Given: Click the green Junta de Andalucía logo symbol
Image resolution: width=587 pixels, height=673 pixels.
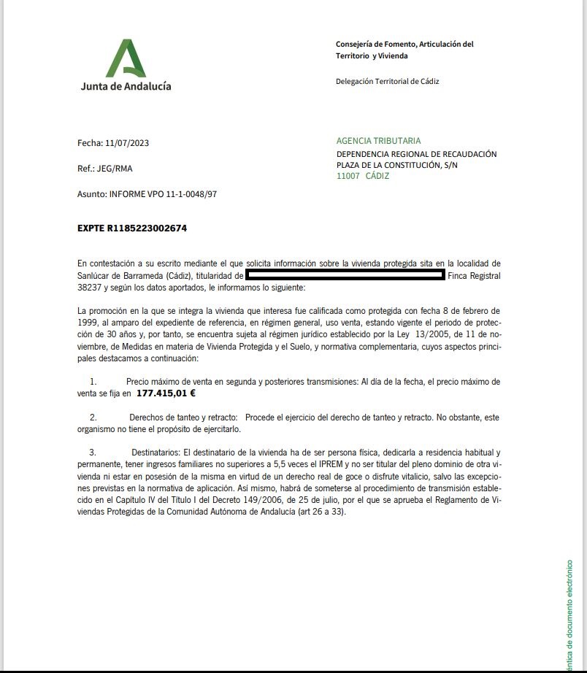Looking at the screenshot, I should point(126,58).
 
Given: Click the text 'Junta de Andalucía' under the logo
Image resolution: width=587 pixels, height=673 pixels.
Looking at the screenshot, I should point(126,85).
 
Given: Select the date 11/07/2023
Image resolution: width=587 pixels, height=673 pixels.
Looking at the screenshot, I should point(132,143).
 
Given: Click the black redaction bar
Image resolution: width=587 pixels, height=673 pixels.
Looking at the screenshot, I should point(345,275).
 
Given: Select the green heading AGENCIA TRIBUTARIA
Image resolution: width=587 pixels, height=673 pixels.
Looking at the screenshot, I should point(378,141).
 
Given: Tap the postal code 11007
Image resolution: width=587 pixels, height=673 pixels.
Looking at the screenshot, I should point(348,176).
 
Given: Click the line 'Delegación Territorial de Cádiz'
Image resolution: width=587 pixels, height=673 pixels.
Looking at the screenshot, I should point(387,82).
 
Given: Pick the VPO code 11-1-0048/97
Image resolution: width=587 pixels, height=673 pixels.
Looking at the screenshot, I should point(191,195).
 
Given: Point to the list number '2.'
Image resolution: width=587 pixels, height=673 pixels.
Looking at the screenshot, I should point(93,418).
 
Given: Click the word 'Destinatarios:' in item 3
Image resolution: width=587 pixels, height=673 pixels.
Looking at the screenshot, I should point(156,453).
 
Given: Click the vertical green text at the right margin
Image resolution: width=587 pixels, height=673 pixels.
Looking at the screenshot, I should point(569,613).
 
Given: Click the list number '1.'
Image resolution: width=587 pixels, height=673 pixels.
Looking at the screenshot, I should point(93,382).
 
